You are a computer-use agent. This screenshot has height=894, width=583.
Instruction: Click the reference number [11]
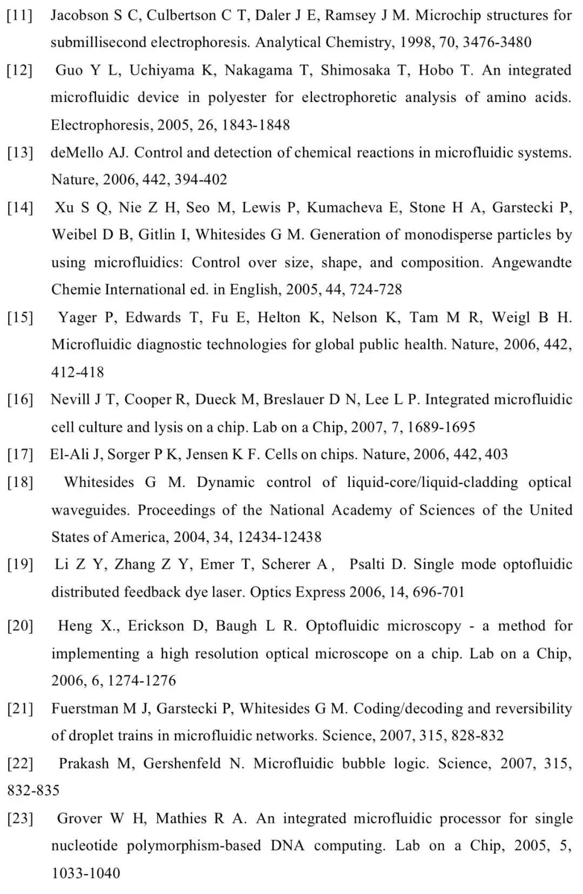pyautogui.click(x=19, y=15)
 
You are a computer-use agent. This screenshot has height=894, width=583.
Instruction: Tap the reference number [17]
pyautogui.click(x=20, y=455)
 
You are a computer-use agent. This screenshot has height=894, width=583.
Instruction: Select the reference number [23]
pyautogui.click(x=20, y=819)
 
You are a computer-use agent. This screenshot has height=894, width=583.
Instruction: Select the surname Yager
pyautogui.click(x=77, y=317)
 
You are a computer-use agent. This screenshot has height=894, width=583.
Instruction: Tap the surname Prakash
pyautogui.click(x=86, y=764)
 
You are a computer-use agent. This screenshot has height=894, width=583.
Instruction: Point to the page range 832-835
pyautogui.click(x=33, y=791)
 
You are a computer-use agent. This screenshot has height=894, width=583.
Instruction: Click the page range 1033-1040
pyautogui.click(x=85, y=874)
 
